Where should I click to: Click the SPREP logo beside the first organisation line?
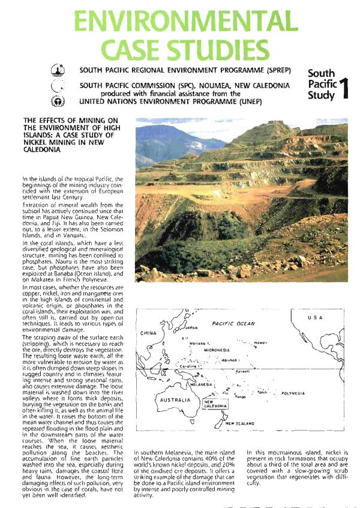pyautogui.click(x=58, y=70)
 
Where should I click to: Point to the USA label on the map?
pyautogui.click(x=316, y=316)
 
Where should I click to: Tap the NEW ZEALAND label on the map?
pyautogui.click(x=240, y=423)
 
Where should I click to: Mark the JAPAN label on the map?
pyautogui.click(x=191, y=328)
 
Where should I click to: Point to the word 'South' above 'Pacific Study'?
pyautogui.click(x=321, y=73)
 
